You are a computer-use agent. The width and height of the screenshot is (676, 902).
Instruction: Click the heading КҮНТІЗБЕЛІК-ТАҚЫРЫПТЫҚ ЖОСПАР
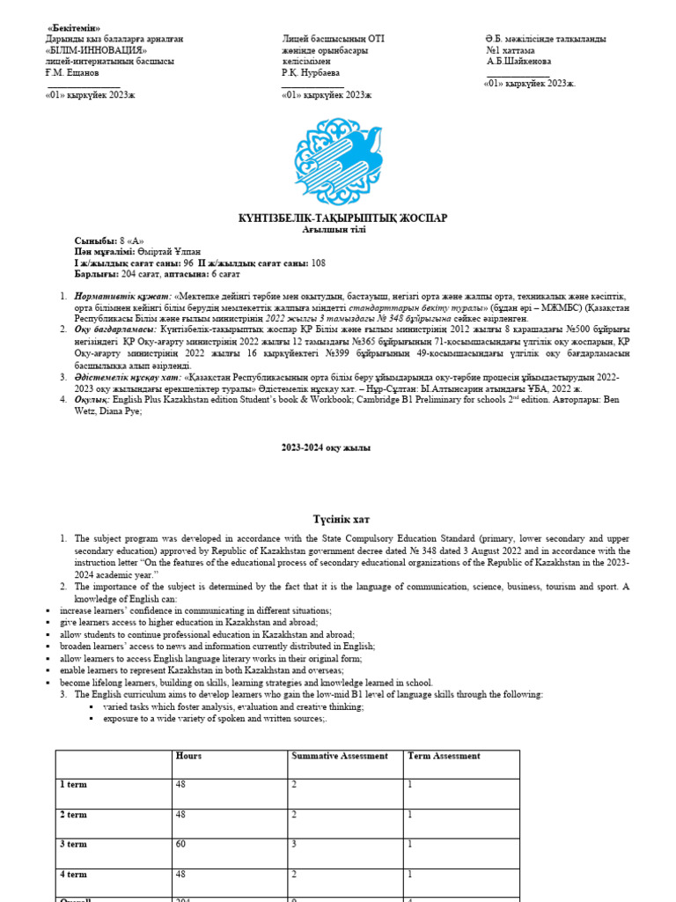click(x=343, y=218)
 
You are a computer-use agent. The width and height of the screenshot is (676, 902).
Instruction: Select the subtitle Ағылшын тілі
click(x=342, y=229)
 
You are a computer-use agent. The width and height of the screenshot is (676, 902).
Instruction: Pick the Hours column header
click(x=188, y=756)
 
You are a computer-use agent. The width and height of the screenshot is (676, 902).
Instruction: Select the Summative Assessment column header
click(x=339, y=756)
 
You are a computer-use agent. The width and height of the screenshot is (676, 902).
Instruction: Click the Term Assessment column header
click(x=444, y=756)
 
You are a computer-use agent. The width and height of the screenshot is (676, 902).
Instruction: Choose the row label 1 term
click(x=73, y=784)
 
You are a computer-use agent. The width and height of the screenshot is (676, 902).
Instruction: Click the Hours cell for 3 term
click(x=180, y=844)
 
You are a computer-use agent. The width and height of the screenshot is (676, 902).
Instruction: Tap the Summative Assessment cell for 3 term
click(x=294, y=844)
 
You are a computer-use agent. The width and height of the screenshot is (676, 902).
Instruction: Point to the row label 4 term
click(x=73, y=875)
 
